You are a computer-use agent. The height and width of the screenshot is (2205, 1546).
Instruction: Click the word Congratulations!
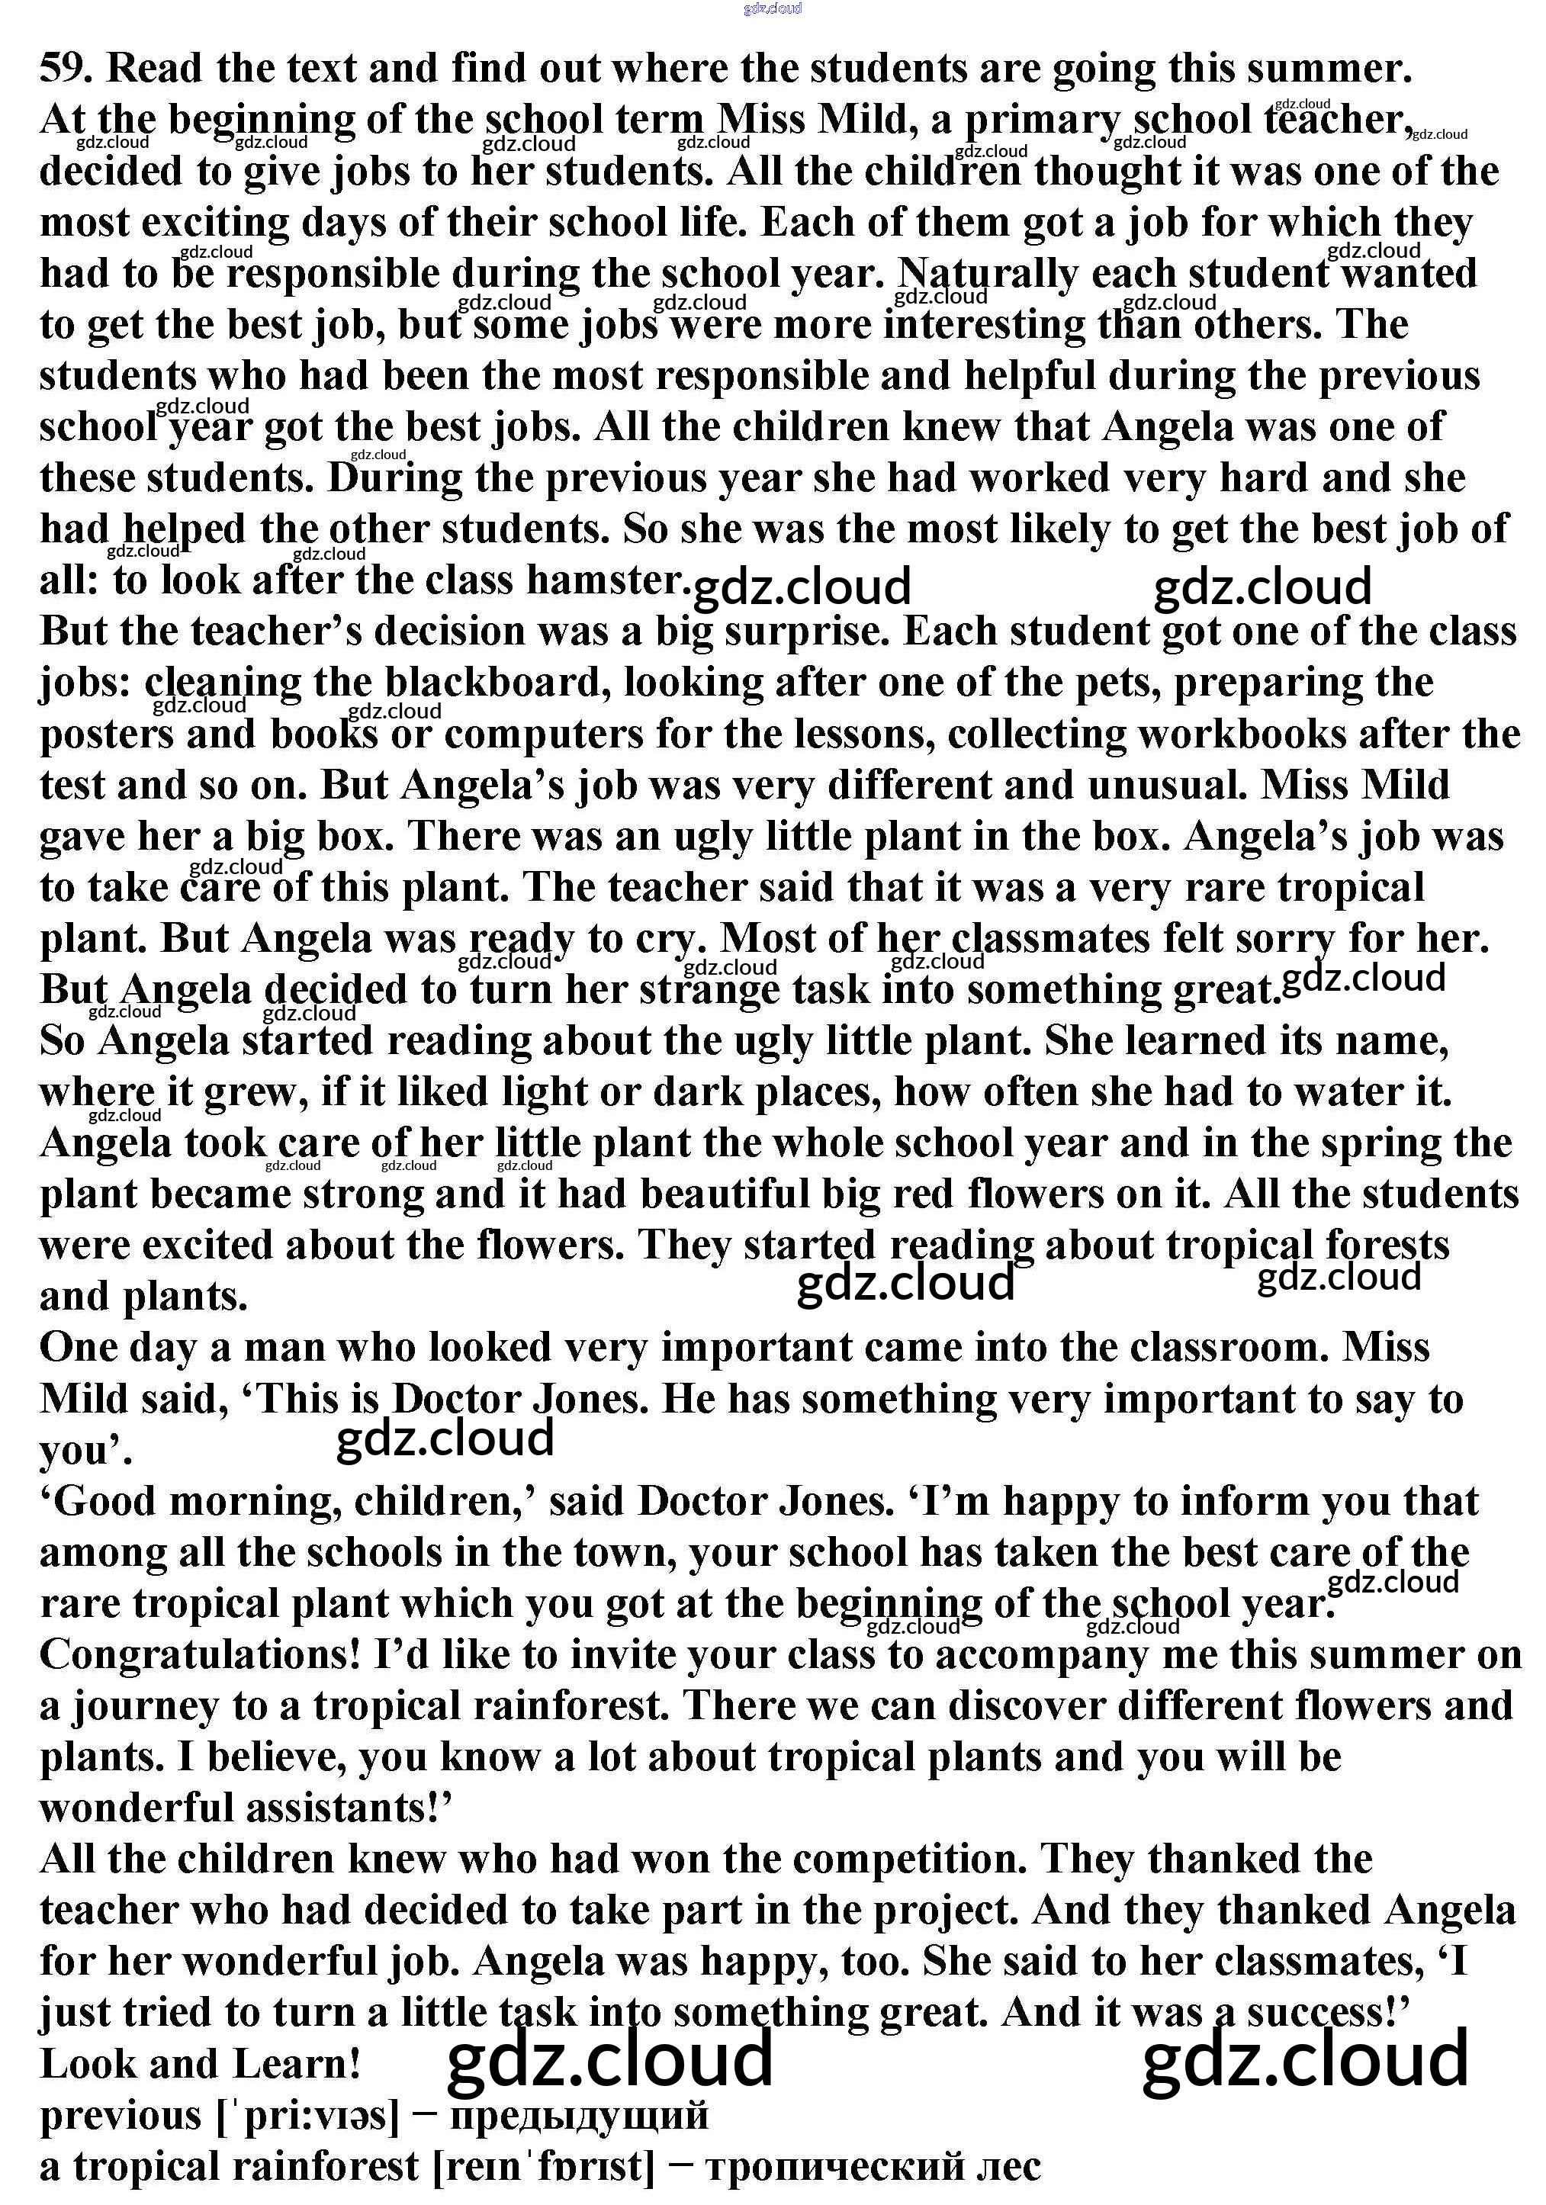pyautogui.click(x=200, y=1655)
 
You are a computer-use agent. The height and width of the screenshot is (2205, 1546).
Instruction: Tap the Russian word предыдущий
pyautogui.click(x=578, y=2116)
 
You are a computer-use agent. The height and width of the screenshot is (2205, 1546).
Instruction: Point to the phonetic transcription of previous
pyautogui.click(x=307, y=2117)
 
